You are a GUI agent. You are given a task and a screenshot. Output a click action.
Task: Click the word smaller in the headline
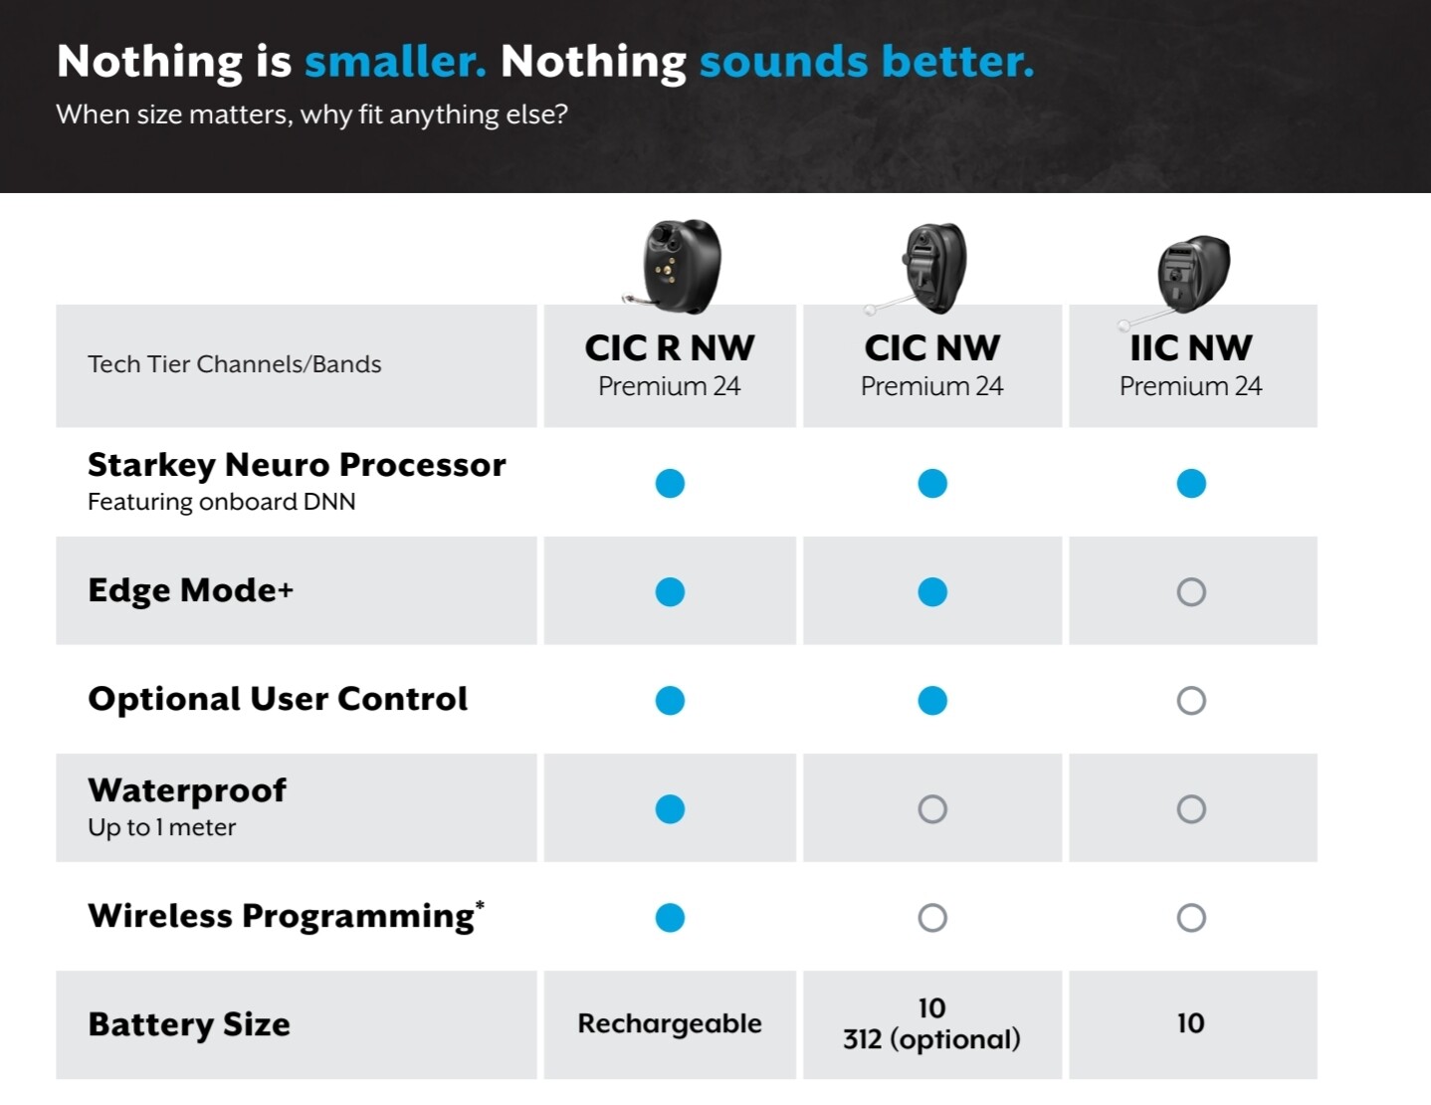click(x=395, y=62)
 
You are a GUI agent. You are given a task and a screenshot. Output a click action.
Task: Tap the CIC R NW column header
click(x=669, y=347)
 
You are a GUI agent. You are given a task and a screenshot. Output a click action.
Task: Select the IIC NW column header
click(x=1190, y=347)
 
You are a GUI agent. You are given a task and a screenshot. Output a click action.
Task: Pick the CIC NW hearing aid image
click(x=921, y=268)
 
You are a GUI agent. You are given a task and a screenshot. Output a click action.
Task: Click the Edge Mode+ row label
click(x=190, y=590)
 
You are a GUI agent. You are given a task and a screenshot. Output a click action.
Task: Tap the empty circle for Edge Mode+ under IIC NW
click(x=1191, y=592)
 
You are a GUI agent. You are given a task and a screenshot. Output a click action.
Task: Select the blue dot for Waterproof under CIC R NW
click(x=670, y=809)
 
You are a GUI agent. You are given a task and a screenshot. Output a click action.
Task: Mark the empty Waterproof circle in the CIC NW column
click(x=932, y=809)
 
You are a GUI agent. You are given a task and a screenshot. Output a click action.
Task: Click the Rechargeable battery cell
click(x=670, y=1024)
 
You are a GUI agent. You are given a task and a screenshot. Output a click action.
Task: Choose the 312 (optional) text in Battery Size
click(x=931, y=1039)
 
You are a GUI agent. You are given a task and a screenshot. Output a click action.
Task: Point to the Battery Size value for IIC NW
click(x=1190, y=1023)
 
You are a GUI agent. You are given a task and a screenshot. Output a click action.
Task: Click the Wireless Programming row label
click(x=286, y=916)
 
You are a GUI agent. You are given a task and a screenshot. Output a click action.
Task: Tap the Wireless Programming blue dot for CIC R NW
click(x=670, y=918)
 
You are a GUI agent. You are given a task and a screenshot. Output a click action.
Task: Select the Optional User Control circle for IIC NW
click(x=1191, y=701)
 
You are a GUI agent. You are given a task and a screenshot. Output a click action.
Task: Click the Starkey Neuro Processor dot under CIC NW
click(x=932, y=484)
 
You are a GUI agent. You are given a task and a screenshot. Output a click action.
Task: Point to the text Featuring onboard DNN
click(x=221, y=502)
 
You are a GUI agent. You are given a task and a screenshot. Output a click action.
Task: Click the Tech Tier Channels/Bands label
click(x=235, y=364)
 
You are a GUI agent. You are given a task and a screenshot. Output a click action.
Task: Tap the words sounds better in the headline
click(x=867, y=62)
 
